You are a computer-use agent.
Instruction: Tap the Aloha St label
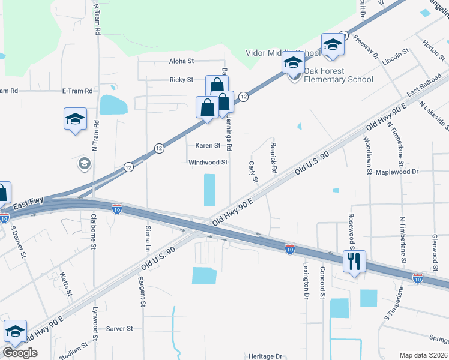pos(182,61)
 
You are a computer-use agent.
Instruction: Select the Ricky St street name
pos(181,80)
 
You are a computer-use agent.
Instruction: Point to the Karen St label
pos(208,145)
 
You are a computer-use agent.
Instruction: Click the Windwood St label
pos(208,163)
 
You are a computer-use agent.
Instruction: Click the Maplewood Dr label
pos(396,172)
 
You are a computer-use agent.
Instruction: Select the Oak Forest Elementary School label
pos(338,75)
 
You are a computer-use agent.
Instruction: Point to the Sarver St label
pos(119,329)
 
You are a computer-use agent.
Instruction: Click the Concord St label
pos(322,282)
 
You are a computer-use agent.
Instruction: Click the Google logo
pos(20,353)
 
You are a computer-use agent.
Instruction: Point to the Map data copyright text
pos(423,355)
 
